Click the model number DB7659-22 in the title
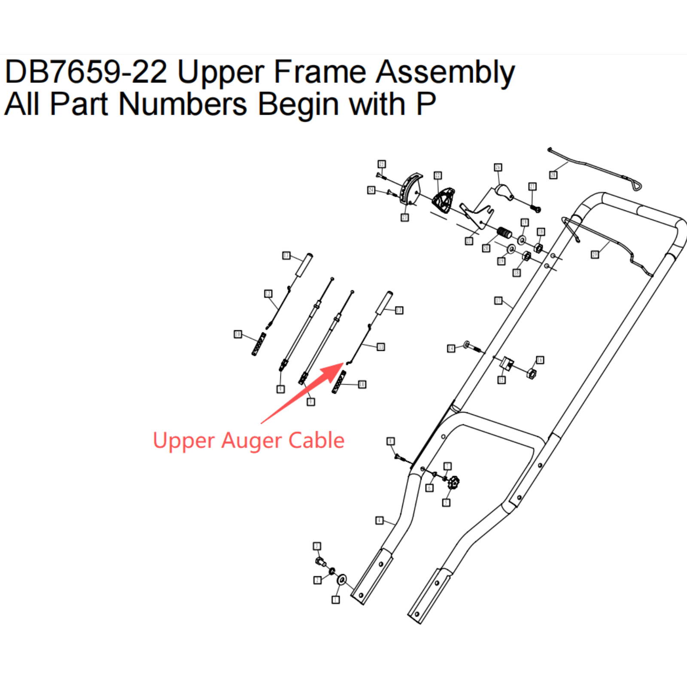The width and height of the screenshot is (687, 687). pyautogui.click(x=86, y=72)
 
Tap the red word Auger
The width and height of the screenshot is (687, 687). pyautogui.click(x=252, y=441)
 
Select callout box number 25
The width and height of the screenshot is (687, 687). pyautogui.click(x=381, y=164)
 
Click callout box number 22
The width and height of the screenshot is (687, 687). pyautogui.click(x=438, y=175)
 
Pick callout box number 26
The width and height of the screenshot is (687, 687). pyautogui.click(x=498, y=167)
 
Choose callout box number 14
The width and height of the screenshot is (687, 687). pyautogui.click(x=451, y=348)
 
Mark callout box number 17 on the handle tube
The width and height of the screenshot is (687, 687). pyautogui.click(x=498, y=301)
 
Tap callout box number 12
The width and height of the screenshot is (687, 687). pyautogui.click(x=268, y=294)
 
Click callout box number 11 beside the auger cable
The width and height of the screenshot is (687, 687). pyautogui.click(x=381, y=347)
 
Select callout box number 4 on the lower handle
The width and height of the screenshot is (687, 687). pyautogui.click(x=379, y=520)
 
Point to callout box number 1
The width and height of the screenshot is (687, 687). pyautogui.click(x=336, y=599)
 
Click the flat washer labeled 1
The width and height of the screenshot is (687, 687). pyautogui.click(x=342, y=580)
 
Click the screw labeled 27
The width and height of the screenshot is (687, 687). pyautogui.click(x=535, y=209)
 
